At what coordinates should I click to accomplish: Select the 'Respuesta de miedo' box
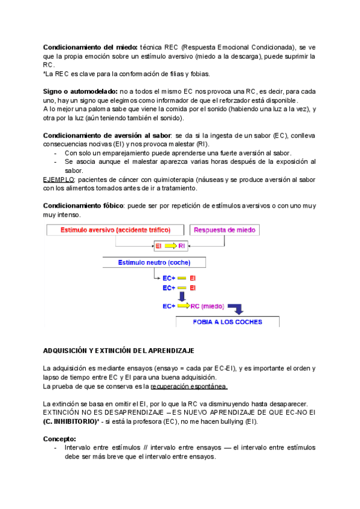[223, 230]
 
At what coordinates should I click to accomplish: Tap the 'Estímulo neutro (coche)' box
[154, 262]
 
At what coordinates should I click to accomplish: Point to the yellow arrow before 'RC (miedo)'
[183, 306]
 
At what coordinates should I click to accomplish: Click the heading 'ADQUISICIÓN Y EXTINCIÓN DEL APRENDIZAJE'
[118, 350]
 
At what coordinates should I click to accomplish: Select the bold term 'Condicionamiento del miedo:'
[90, 47]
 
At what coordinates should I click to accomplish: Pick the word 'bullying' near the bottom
[211, 422]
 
